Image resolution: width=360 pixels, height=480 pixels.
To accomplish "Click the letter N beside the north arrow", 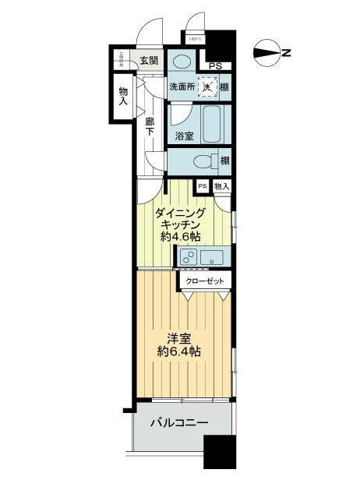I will click(287, 53).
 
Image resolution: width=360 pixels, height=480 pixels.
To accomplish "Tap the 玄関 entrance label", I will click(150, 61).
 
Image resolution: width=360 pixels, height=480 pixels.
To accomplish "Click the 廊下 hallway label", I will click(150, 126).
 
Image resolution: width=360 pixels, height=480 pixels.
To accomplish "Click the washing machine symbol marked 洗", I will click(207, 86).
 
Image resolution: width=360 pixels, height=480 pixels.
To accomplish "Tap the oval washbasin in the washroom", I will click(184, 61).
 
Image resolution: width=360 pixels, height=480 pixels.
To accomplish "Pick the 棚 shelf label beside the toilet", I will click(224, 161).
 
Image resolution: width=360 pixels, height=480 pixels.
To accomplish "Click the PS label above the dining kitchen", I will click(202, 186).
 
